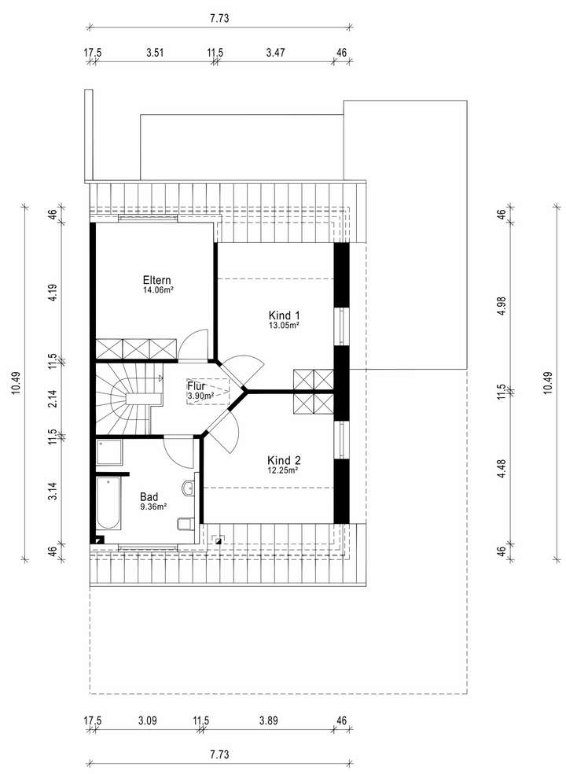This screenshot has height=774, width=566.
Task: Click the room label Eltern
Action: (x=156, y=280)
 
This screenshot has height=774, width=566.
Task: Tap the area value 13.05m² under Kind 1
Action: (x=284, y=324)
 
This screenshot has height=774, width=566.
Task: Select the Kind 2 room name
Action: (x=284, y=460)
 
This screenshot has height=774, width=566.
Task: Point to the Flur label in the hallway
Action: (x=196, y=386)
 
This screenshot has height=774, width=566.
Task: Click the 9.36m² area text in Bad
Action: (x=153, y=507)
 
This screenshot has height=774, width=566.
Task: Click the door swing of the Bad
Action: (x=179, y=451)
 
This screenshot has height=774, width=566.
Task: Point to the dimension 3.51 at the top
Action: (x=154, y=53)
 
